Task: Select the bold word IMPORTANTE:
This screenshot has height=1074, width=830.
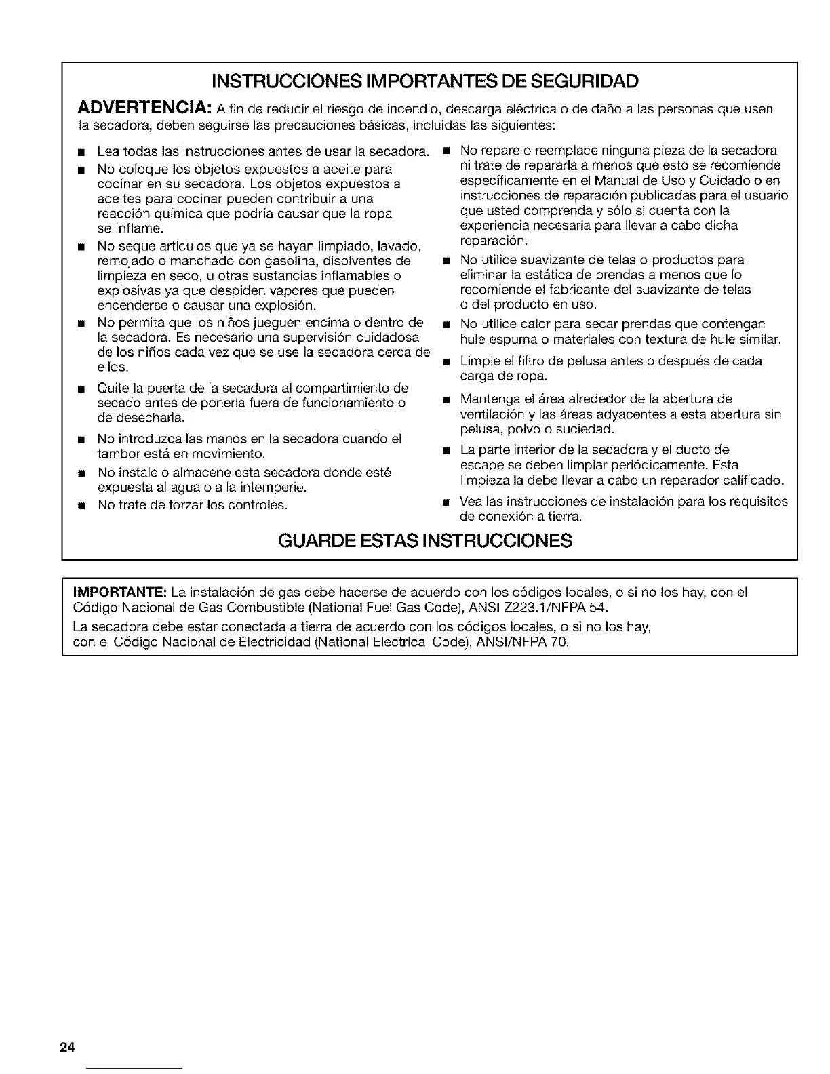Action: point(120,592)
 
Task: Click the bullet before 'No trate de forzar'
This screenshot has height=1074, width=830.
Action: point(81,506)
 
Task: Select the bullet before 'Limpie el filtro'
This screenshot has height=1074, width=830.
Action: point(446,362)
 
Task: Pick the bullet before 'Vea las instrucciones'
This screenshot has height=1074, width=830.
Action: point(446,502)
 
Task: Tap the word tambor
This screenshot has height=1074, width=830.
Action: point(117,453)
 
